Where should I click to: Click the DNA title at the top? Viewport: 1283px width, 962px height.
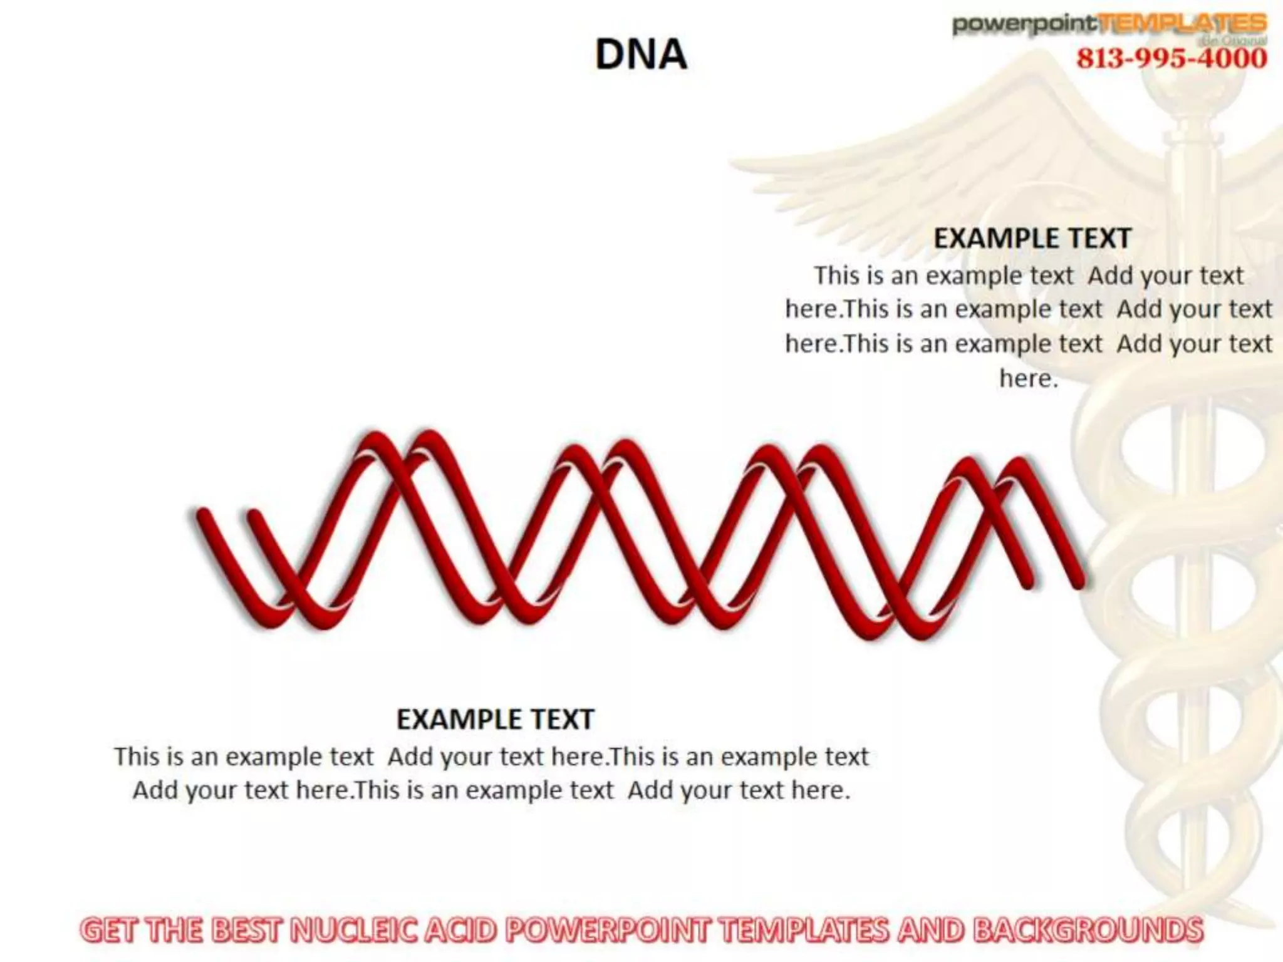click(x=640, y=54)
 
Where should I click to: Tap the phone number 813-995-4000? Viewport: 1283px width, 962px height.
click(x=1171, y=59)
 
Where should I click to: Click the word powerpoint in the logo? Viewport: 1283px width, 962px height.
click(x=1024, y=24)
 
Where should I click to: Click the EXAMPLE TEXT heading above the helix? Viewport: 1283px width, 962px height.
click(x=1032, y=239)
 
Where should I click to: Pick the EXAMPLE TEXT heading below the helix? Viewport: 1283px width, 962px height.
click(x=495, y=720)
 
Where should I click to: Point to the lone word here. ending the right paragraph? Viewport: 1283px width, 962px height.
click(x=1028, y=378)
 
